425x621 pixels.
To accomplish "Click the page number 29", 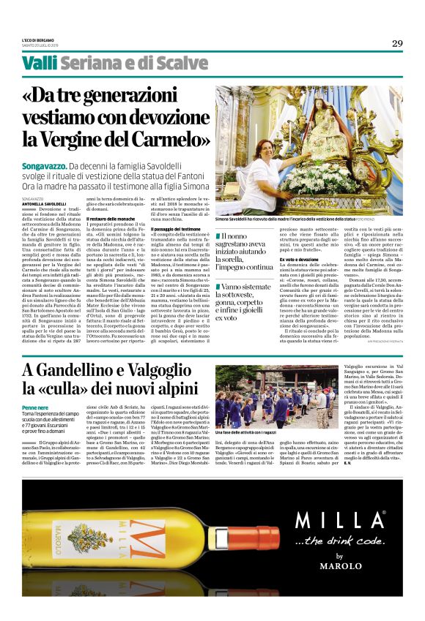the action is (x=396, y=42).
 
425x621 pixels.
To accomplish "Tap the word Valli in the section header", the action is (x=39, y=63).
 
